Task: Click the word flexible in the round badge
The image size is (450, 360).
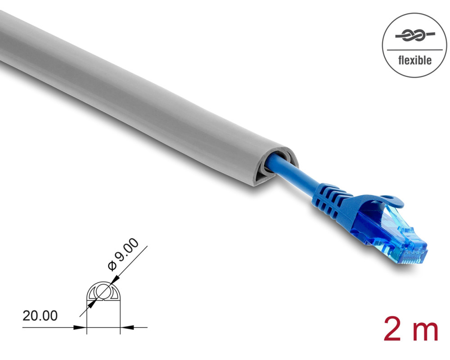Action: click(415, 61)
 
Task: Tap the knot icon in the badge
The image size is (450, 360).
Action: click(415, 36)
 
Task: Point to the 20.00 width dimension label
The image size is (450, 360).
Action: click(40, 316)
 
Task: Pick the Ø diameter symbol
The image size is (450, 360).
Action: click(112, 266)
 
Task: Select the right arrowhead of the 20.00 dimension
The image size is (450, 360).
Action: click(126, 327)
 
